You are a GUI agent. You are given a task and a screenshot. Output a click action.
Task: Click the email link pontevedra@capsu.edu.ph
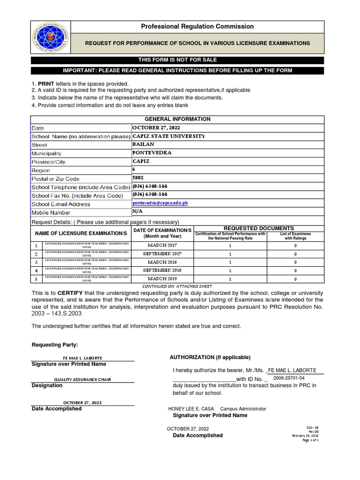point(160,203)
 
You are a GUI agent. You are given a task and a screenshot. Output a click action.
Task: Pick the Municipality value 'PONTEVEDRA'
point(152,153)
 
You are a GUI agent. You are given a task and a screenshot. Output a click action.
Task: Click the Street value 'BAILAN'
point(143,144)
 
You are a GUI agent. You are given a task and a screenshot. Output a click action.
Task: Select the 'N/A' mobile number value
point(138,212)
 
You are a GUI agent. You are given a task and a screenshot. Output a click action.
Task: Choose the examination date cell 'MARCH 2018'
point(163,262)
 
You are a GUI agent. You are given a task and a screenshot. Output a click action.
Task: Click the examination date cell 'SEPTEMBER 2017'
point(163,254)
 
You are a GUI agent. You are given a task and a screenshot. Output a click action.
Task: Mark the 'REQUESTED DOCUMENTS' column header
point(259,228)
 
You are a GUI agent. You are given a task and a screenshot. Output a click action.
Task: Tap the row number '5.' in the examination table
point(36,279)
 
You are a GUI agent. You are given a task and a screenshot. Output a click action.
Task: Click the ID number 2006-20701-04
point(289,378)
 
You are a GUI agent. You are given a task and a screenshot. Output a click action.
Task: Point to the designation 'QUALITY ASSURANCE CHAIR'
point(82,379)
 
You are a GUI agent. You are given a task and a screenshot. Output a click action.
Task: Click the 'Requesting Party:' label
point(55,345)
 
